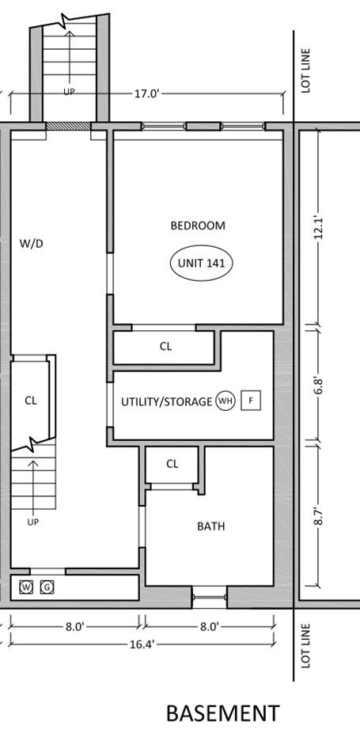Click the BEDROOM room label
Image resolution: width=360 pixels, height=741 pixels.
[x=198, y=226]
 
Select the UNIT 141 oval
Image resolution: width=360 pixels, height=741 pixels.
[x=202, y=264]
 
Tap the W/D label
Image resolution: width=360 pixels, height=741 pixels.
[x=31, y=243]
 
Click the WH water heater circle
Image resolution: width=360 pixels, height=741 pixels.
[x=225, y=401]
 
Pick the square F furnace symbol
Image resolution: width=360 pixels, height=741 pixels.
[x=251, y=401]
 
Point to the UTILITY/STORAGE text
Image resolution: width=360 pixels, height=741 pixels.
[x=166, y=401]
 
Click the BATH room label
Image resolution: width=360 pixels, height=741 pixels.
[x=210, y=526]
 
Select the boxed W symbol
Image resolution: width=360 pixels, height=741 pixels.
[x=27, y=587]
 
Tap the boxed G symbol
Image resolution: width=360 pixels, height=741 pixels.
[x=47, y=587]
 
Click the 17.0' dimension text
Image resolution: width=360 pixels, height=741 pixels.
[x=146, y=93]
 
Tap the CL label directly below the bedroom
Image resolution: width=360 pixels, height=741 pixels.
[x=165, y=346]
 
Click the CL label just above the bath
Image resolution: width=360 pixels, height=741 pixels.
[x=172, y=465]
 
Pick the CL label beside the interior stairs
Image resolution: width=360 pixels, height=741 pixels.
[x=30, y=401]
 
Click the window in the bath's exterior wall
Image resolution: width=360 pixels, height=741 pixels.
[x=210, y=591]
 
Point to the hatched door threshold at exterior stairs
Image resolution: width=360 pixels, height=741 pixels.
[x=69, y=125]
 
